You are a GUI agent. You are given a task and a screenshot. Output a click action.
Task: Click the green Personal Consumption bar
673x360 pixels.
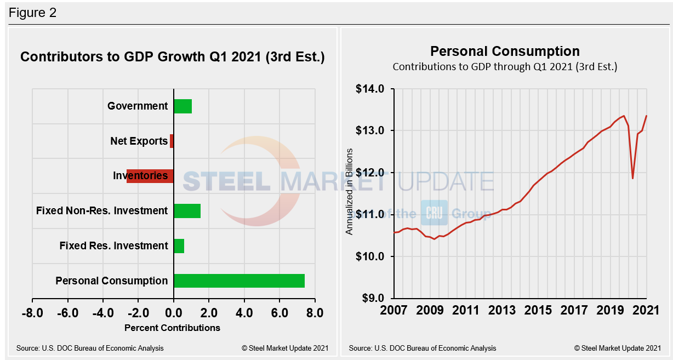click(239, 281)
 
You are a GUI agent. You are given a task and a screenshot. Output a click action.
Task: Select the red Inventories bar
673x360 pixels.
click(150, 176)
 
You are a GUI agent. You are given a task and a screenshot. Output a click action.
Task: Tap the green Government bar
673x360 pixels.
click(182, 106)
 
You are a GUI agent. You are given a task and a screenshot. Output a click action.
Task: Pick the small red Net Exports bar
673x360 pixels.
click(172, 141)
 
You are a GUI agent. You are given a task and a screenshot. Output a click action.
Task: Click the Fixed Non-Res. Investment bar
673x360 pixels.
click(187, 211)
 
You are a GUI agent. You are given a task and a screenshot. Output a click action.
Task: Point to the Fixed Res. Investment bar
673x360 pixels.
click(179, 245)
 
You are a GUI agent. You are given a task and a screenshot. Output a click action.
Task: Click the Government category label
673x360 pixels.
click(138, 106)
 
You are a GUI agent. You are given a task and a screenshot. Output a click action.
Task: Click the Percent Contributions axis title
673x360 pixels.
click(172, 328)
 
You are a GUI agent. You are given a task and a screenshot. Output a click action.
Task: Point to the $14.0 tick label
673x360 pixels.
click(370, 89)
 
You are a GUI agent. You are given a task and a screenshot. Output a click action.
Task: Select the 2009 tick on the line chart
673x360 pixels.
click(430, 311)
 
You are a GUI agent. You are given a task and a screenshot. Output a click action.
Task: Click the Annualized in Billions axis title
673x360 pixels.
click(349, 191)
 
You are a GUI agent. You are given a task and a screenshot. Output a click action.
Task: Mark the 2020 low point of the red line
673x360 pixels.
click(633, 178)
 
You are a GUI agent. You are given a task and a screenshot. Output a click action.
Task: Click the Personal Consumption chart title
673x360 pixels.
click(504, 52)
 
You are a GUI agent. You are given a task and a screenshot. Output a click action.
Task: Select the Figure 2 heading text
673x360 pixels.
click(33, 13)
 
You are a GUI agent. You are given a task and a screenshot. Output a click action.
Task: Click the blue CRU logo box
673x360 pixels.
click(434, 213)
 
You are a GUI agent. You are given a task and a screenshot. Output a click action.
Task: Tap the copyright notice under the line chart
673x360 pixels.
click(617, 348)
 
